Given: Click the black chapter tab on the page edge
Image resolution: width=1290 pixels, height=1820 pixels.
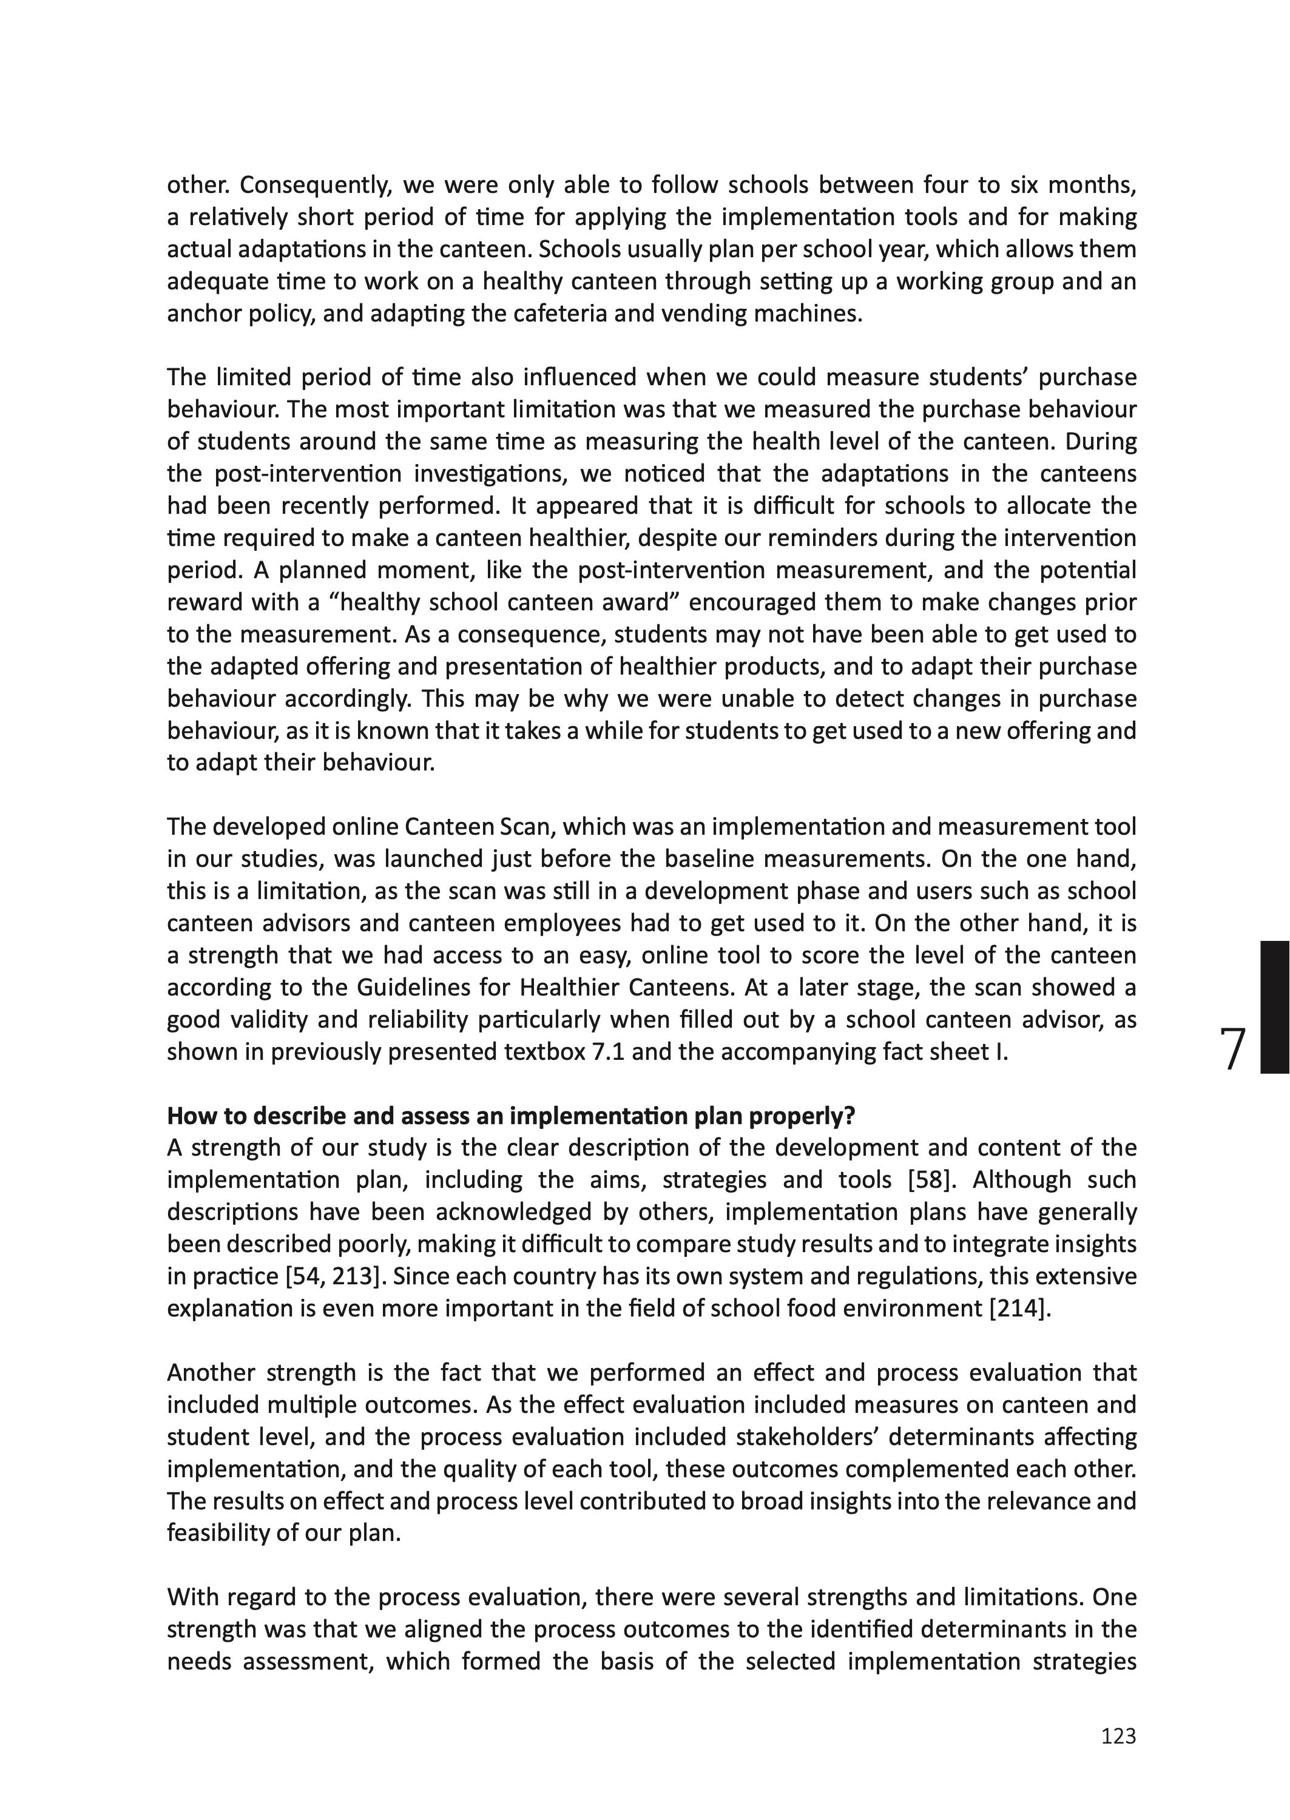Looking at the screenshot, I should click(1274, 1007).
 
